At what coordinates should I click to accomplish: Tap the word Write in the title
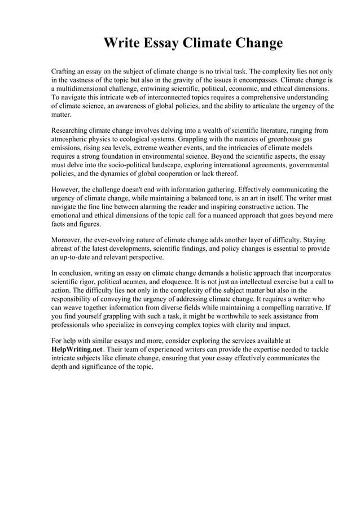pos(121,43)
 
